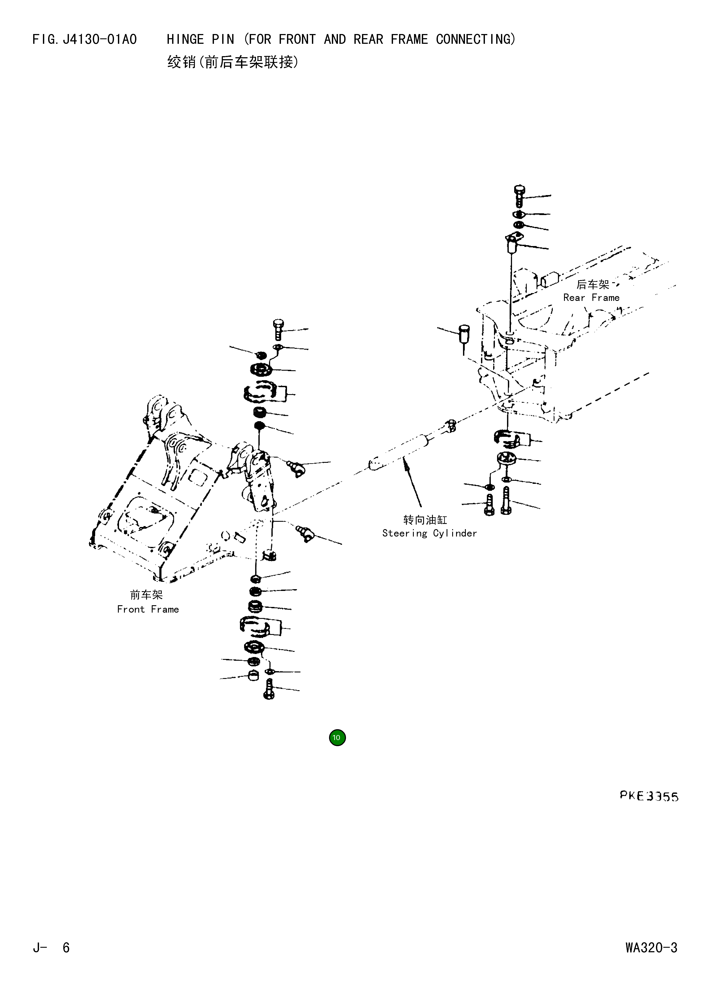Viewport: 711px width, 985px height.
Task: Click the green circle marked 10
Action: pyautogui.click(x=337, y=737)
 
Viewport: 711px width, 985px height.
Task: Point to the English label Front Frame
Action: pyautogui.click(x=148, y=609)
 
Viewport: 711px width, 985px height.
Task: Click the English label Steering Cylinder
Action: pyautogui.click(x=429, y=533)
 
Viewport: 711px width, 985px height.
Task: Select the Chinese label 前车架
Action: pyautogui.click(x=146, y=595)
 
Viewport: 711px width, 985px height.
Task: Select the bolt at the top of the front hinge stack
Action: pyautogui.click(x=278, y=330)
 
